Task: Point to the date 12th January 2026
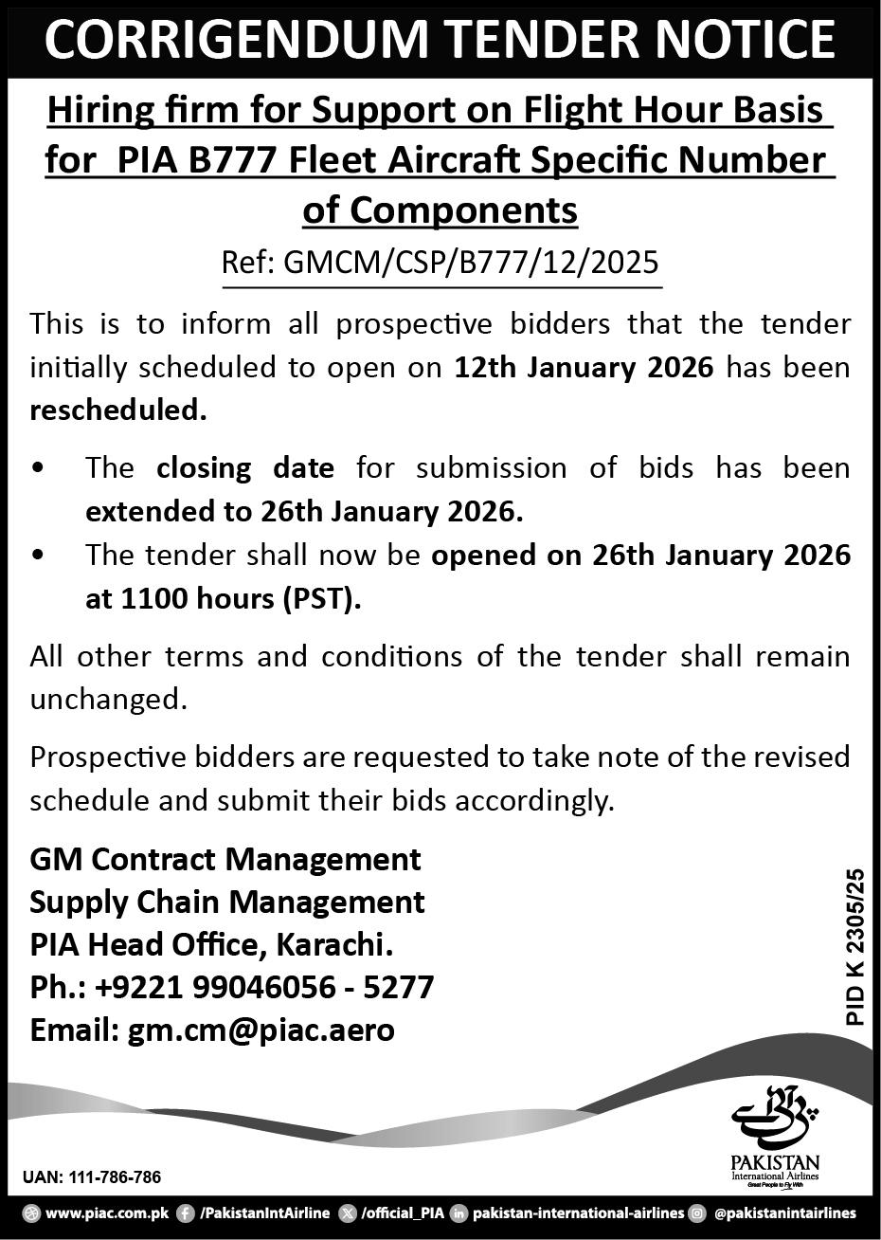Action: (583, 367)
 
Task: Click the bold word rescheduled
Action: (117, 410)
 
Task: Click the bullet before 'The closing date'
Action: (37, 468)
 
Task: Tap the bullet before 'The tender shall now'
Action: (37, 556)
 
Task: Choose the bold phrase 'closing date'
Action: (245, 467)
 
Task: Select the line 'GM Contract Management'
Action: (225, 859)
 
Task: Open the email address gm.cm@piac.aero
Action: (261, 1030)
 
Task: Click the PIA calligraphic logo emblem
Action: (774, 1118)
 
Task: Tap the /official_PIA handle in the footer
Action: (402, 1213)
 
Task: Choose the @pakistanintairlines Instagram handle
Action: (784, 1213)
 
